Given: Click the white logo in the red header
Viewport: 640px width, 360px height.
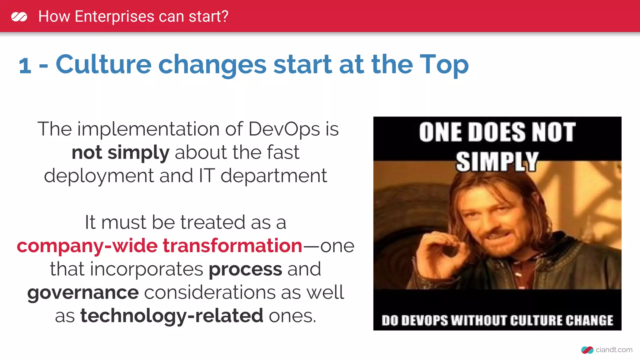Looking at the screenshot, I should tap(19, 17).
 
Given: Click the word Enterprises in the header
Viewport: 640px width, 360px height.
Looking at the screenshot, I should tap(114, 17).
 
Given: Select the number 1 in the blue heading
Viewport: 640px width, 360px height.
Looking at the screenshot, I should tap(25, 66).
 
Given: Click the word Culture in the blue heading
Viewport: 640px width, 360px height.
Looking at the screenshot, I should tap(103, 64).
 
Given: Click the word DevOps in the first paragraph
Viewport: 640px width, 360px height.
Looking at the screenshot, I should tap(284, 129).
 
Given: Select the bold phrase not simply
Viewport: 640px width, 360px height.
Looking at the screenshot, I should tap(120, 153).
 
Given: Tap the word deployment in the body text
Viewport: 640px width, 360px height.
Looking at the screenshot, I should tap(99, 176).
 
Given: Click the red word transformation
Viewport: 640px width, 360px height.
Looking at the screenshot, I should tap(232, 246).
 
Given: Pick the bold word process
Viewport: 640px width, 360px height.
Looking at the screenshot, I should tap(245, 269).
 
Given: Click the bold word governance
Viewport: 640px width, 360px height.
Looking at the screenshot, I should tap(83, 293).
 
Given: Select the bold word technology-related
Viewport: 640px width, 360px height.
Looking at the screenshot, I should tap(172, 316).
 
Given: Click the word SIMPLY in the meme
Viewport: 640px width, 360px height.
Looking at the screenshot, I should tap(497, 162).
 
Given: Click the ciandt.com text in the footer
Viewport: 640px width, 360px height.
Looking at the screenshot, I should tap(614, 350).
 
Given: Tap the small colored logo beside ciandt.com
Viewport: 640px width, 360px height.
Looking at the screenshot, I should tap(587, 350).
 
